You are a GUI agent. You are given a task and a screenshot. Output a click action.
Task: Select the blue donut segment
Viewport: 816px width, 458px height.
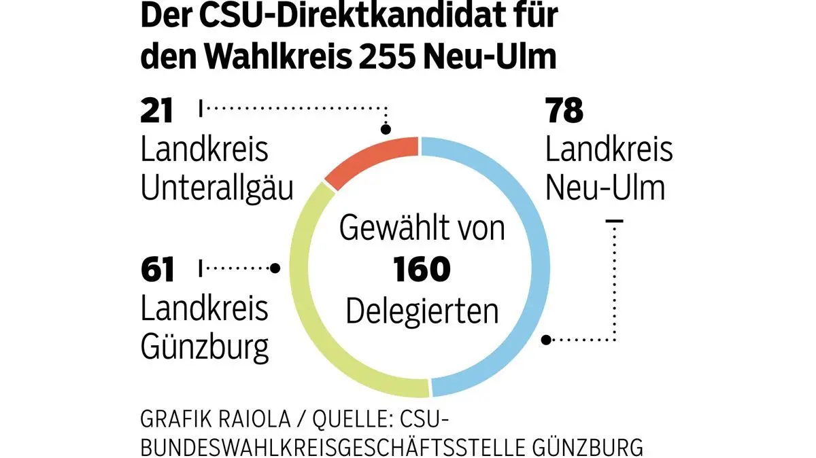coord(534,265)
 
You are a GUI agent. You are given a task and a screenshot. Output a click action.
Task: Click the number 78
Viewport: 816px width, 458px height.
coord(564,111)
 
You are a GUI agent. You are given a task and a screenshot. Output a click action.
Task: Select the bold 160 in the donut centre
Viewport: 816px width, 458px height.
coord(422,270)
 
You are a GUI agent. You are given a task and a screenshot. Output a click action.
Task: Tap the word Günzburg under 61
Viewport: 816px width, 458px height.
coord(205,348)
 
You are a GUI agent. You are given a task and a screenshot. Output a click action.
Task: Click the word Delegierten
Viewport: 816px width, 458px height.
coord(422,311)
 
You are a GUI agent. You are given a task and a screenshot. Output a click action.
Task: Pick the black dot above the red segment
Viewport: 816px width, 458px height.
coord(386,130)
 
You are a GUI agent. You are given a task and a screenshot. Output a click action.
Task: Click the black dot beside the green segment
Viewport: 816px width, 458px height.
coord(275,268)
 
